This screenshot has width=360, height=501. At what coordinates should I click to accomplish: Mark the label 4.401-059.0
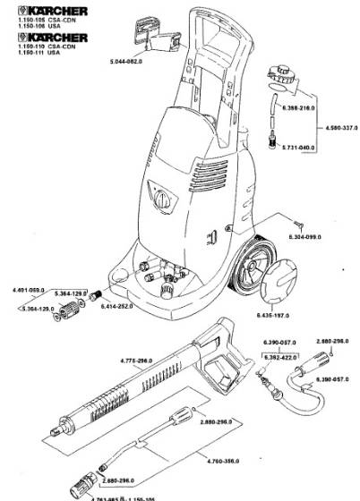(x=27, y=291)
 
